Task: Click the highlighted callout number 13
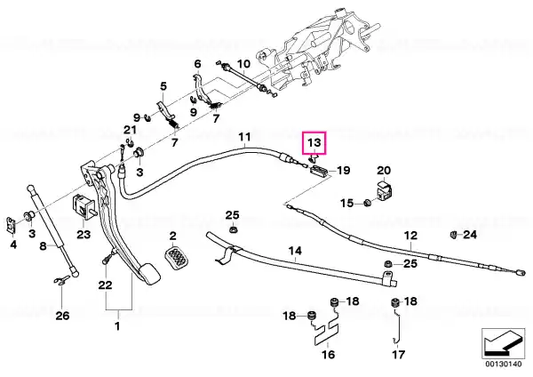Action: [x=314, y=142]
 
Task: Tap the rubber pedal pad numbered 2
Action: [x=177, y=259]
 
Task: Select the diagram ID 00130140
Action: [x=503, y=364]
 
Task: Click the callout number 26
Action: [x=62, y=316]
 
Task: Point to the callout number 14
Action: [x=295, y=251]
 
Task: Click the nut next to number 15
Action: [x=367, y=203]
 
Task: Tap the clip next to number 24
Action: [x=453, y=234]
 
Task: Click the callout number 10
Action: [x=243, y=64]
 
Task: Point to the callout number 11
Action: [x=244, y=137]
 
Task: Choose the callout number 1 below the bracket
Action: [x=117, y=326]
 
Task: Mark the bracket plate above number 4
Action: [x=12, y=224]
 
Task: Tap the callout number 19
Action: [x=343, y=170]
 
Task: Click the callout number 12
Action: [x=410, y=236]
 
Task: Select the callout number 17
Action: [x=398, y=355]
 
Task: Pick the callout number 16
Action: [x=328, y=355]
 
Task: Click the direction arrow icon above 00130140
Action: [x=503, y=342]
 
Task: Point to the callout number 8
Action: [x=43, y=245]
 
